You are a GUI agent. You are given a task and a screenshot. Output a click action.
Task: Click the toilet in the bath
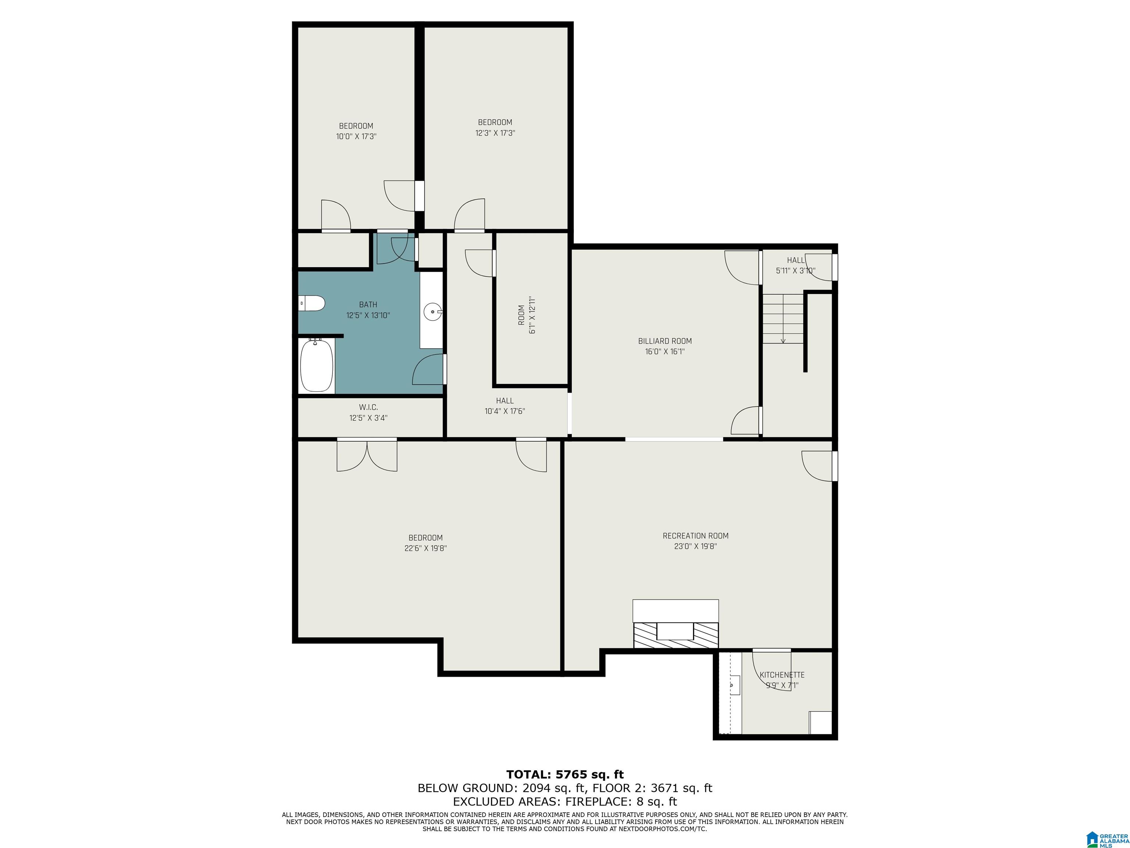[x=312, y=303]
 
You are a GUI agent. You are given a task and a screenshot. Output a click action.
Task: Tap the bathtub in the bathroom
[x=317, y=365]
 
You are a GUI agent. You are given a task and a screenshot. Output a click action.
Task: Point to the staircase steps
[x=783, y=318]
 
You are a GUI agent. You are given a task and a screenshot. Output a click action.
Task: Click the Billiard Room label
[x=665, y=341]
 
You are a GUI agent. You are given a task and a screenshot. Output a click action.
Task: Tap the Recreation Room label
[x=695, y=536]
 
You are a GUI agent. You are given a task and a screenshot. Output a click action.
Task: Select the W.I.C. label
[x=368, y=407]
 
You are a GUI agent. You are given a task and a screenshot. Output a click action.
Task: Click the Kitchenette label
[x=782, y=675]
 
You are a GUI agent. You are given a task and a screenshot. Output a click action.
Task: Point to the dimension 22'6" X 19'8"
[x=426, y=548]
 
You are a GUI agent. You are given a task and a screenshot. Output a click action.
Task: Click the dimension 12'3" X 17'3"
[x=495, y=133]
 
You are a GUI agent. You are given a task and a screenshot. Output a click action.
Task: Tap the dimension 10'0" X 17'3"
[x=356, y=137]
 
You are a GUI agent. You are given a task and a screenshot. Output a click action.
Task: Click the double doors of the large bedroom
[x=367, y=455]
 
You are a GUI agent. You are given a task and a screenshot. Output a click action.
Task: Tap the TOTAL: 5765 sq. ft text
[x=565, y=774]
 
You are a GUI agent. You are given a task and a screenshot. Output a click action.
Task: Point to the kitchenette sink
[x=735, y=684]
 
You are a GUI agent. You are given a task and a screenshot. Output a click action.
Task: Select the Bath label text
[x=368, y=305]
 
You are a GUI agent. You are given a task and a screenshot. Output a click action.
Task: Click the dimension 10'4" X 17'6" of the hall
[x=505, y=411]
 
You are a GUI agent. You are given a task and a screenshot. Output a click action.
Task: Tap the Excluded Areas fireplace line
[x=565, y=802]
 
